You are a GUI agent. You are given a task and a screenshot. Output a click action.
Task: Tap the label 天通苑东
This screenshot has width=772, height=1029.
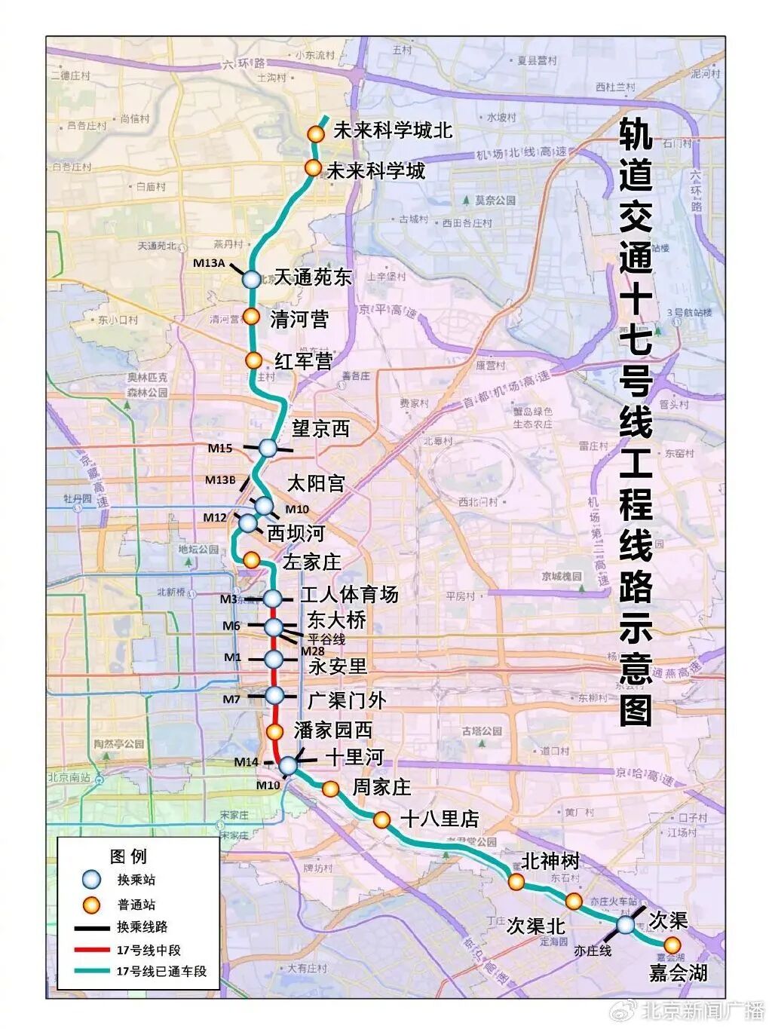coord(313,277)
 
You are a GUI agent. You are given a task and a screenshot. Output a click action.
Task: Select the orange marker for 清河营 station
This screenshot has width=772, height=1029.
coord(251,317)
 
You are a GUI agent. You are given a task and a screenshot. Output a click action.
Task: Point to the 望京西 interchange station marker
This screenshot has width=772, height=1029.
coord(268,448)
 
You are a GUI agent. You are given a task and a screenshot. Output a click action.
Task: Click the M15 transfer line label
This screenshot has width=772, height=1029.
coord(220,449)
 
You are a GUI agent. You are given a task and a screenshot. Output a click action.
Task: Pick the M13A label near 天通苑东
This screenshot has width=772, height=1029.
coord(209,263)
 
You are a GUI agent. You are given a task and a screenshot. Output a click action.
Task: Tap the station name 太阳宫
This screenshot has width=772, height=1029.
coord(316,482)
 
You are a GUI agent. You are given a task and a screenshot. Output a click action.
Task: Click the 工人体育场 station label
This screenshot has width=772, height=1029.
coord(349,595)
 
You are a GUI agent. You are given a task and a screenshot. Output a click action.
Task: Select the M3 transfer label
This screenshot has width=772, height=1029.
coord(229,599)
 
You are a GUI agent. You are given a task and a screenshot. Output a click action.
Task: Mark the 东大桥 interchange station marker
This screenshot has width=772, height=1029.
coord(273,626)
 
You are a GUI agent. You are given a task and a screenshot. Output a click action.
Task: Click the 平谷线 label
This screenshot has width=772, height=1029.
coord(326,639)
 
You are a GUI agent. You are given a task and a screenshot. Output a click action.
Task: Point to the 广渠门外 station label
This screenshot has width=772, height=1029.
coord(347,700)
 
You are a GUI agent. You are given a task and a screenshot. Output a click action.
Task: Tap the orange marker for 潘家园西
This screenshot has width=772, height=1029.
coord(275,731)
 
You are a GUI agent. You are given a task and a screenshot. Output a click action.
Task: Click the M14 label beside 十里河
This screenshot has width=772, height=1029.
coord(247,762)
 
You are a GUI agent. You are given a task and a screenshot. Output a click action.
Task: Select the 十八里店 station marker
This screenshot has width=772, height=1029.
coord(382,819)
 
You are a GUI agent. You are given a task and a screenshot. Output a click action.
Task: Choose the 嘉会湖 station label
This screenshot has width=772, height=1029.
coord(679,973)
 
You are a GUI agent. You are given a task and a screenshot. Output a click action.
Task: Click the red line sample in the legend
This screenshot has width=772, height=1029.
coord(91,950)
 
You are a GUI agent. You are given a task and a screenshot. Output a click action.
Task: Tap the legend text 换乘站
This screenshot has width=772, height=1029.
coord(136,880)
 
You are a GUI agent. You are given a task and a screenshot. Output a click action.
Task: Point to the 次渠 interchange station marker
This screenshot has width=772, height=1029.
coord(626,924)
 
